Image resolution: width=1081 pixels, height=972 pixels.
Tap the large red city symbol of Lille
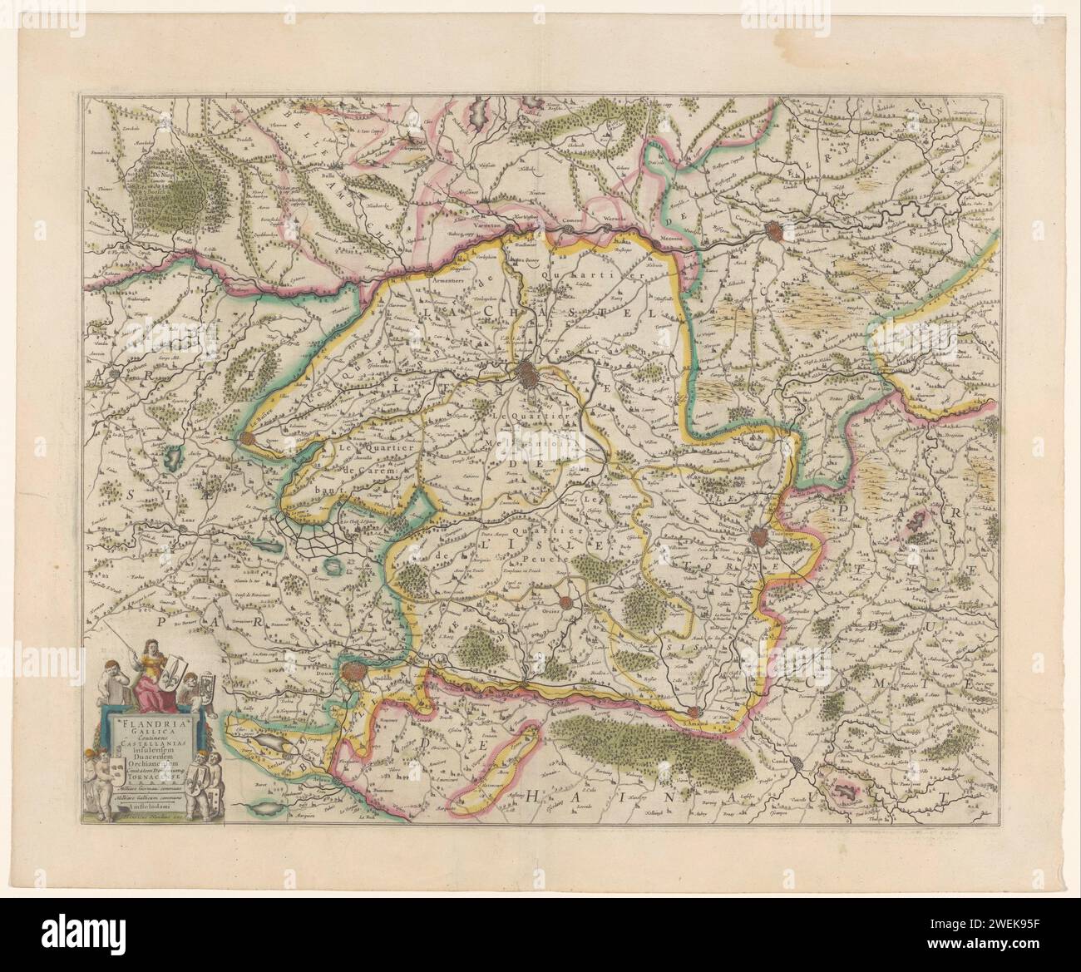coord(529,375)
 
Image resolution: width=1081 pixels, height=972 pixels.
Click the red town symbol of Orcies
coord(565,603)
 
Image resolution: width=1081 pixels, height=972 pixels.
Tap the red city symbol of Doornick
coord(758,538)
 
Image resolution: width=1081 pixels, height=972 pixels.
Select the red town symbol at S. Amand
coord(692,712)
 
